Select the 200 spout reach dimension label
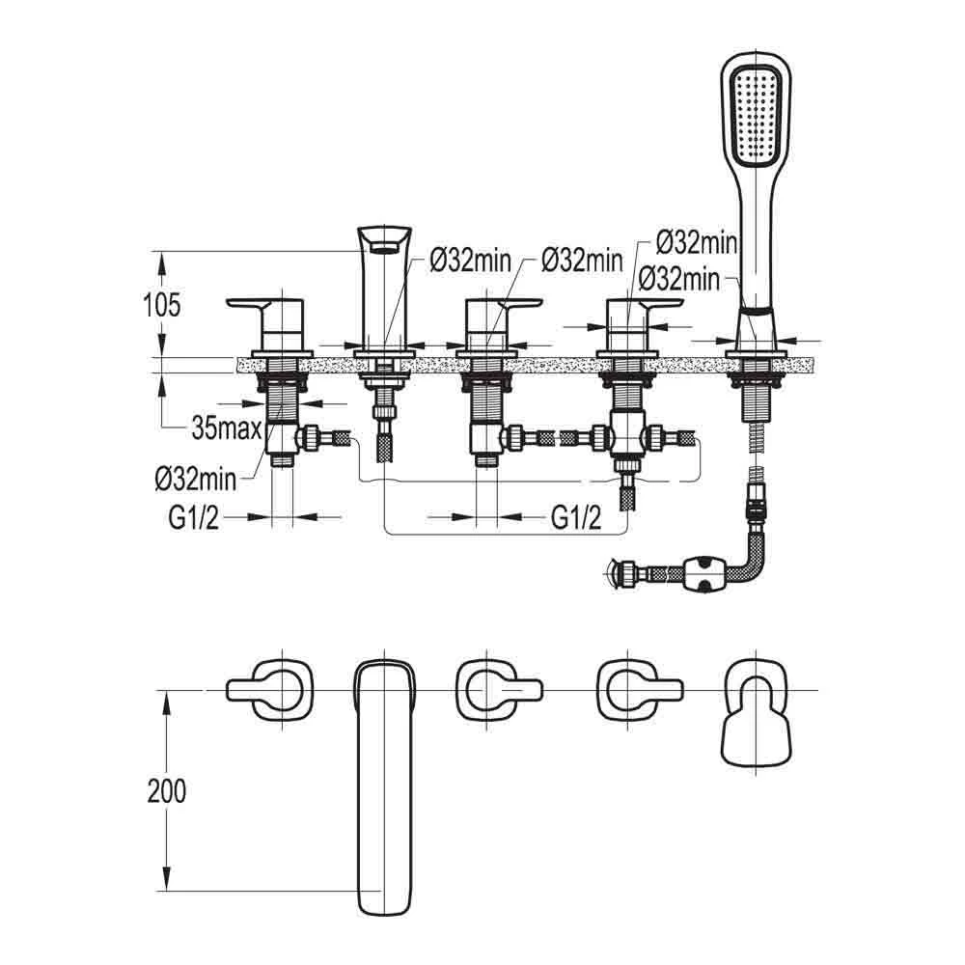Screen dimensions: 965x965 point(167,791)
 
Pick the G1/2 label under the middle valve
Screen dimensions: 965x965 point(576,518)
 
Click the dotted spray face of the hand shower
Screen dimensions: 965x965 point(756,113)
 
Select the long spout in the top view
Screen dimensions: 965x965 point(383,786)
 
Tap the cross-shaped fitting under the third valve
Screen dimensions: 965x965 point(628,438)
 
